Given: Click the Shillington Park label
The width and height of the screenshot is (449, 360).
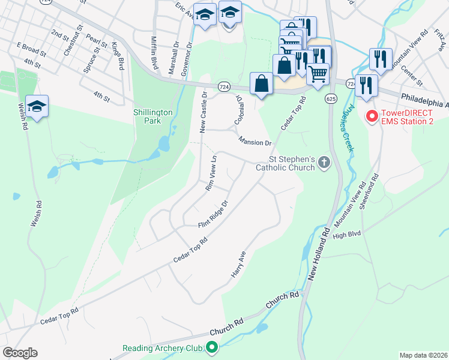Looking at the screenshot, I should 153,116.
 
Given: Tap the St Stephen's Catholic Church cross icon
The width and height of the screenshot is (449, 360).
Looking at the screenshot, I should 324,162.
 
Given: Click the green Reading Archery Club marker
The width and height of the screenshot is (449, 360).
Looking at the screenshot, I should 211,347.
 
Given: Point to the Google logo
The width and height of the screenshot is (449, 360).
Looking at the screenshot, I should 19,353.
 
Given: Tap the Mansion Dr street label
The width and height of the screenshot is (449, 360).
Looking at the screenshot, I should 255,143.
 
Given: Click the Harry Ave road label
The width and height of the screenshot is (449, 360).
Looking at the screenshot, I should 239,264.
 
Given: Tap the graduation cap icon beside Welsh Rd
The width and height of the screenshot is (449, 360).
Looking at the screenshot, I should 37,106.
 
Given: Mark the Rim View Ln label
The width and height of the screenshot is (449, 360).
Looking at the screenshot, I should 210,174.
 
